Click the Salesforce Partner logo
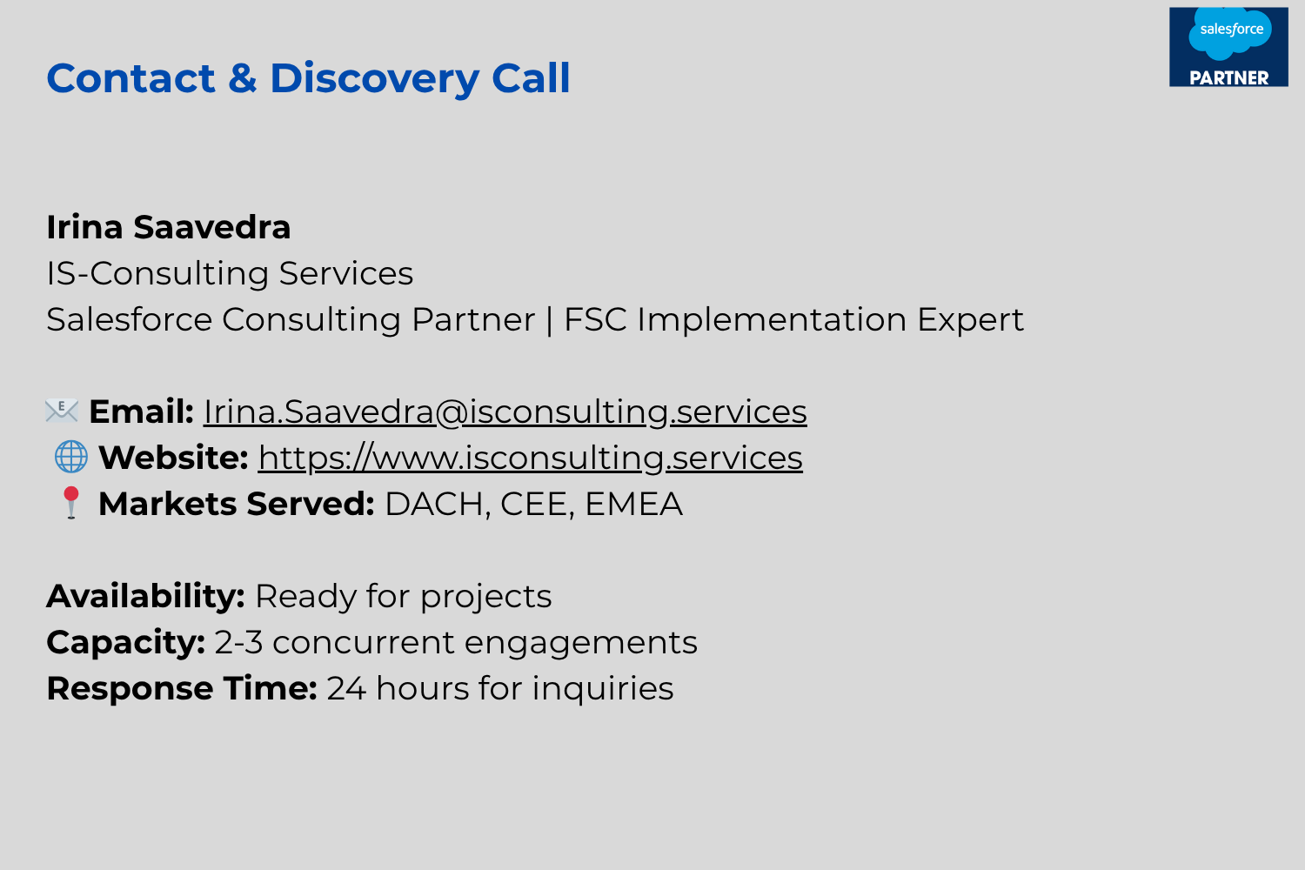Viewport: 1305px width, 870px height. click(1228, 47)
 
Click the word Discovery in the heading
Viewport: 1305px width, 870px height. click(374, 78)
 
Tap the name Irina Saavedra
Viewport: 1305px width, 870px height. click(169, 227)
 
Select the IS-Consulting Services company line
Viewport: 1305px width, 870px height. click(231, 272)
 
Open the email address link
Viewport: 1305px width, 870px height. click(505, 412)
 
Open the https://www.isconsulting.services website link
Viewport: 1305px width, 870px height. click(530, 458)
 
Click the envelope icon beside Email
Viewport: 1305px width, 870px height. click(62, 411)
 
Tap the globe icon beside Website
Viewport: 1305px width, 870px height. click(71, 456)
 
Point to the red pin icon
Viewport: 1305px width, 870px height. click(71, 502)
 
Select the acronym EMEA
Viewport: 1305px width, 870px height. click(633, 504)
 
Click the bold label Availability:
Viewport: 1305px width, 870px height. click(145, 596)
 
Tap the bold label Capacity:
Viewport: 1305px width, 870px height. click(126, 643)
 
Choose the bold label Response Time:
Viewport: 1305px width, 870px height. click(182, 688)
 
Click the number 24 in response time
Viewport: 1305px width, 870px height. click(346, 689)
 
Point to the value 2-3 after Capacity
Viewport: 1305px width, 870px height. click(239, 643)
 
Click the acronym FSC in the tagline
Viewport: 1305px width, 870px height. click(595, 319)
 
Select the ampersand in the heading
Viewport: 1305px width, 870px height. click(243, 78)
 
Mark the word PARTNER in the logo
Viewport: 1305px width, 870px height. click(1229, 78)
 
